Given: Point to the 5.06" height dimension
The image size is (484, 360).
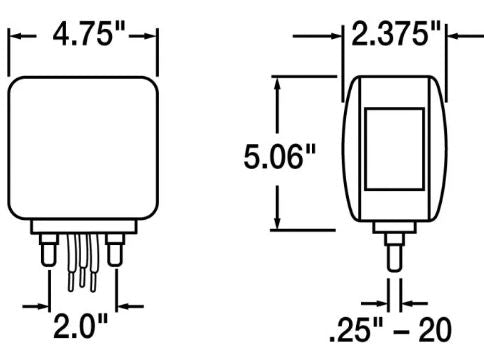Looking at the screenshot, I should (x=273, y=156).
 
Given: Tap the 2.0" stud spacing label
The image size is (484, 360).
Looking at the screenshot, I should (x=84, y=328).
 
